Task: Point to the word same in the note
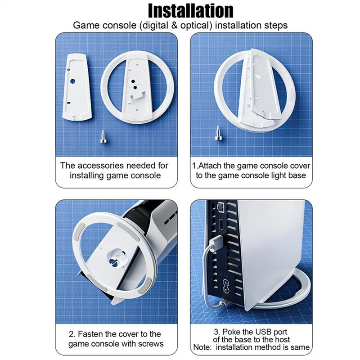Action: (x=300, y=347)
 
